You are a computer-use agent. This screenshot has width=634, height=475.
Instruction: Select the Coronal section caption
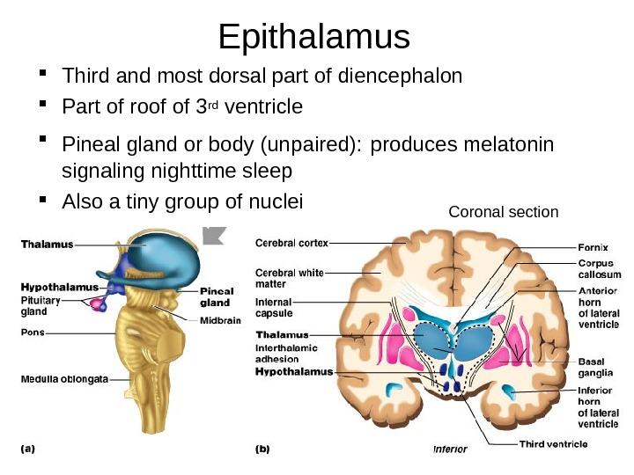[503, 212]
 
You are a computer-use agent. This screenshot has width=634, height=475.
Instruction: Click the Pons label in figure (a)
[33, 332]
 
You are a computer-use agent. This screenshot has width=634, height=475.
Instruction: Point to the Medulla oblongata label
[64, 379]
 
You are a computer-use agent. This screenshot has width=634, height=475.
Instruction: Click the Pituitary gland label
[34, 305]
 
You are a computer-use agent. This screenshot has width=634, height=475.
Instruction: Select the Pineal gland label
[216, 296]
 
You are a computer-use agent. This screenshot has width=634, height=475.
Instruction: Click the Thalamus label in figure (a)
[48, 245]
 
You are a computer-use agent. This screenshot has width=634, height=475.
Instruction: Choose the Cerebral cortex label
[291, 243]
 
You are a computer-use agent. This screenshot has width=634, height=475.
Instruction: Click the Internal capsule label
[274, 307]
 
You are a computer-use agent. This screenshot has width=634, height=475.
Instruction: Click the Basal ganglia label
[596, 366]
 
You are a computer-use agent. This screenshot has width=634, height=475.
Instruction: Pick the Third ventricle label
[553, 443]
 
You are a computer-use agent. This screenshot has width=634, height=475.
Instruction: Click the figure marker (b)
[262, 448]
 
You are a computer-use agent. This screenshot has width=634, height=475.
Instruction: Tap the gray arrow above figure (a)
[214, 235]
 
